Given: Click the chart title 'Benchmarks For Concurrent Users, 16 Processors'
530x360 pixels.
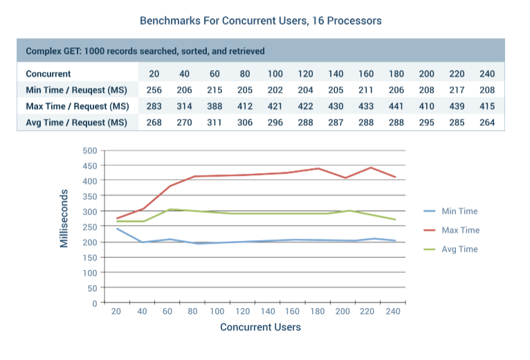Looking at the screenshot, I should coord(260,21).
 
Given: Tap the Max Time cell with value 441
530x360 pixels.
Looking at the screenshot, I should coord(396,106).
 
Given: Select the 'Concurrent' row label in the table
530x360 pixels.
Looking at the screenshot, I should coord(48,73).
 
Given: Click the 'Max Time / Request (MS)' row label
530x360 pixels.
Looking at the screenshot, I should coord(77,106).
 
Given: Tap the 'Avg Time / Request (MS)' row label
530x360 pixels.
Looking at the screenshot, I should coord(77,122).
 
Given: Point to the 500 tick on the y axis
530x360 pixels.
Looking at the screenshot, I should coord(89,150).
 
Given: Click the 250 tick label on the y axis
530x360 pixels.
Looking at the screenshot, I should coord(89,226).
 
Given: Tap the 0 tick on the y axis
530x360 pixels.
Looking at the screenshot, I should coord(94,303).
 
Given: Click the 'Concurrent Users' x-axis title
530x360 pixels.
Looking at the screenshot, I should coord(260,327).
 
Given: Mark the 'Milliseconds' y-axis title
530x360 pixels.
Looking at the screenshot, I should coord(64,218).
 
